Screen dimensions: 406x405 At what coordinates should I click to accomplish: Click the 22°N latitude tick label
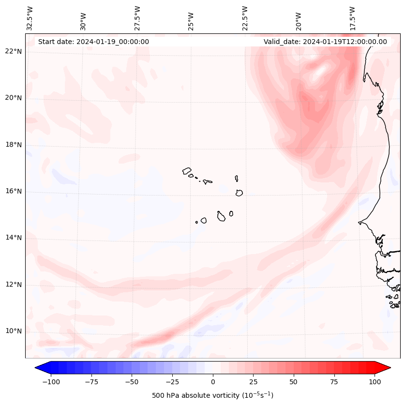[x=14, y=51]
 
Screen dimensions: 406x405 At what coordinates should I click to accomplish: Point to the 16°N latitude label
[x=14, y=191]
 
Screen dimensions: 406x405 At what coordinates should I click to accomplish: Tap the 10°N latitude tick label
[x=14, y=331]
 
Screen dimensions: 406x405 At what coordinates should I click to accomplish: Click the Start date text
[x=93, y=42]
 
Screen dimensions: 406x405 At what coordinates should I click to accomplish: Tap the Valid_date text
[x=325, y=42]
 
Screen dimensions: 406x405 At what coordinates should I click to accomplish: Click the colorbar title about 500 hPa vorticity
[x=212, y=395]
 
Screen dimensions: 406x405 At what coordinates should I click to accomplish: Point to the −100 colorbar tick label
[x=51, y=382]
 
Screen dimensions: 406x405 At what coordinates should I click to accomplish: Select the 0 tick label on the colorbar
[x=213, y=382]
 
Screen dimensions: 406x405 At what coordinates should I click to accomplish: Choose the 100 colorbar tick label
[x=375, y=382]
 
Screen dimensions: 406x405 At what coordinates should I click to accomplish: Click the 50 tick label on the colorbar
[x=294, y=382]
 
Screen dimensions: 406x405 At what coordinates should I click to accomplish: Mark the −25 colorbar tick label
[x=172, y=382]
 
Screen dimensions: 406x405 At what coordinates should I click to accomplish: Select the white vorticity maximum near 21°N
[x=320, y=73]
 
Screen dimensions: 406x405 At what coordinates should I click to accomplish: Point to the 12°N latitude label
[x=14, y=285]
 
